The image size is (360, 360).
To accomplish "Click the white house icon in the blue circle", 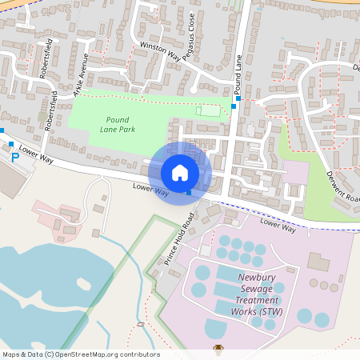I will pyautogui.click(x=180, y=172).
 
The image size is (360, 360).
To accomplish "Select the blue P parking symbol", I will pyautogui.click(x=14, y=157).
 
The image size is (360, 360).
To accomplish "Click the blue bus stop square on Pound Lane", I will pyautogui.click(x=234, y=106).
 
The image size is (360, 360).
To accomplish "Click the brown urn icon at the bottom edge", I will pyautogui.click(x=218, y=350).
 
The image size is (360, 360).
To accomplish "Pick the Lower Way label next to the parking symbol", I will pyautogui.click(x=36, y=155).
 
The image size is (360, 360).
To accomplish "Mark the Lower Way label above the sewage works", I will pyautogui.click(x=278, y=227).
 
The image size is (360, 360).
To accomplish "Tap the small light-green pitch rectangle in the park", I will pyautogui.click(x=209, y=110).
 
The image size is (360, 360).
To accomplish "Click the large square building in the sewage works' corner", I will pyautogui.click(x=319, y=262).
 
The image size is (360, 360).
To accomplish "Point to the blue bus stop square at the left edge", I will pyautogui.click(x=2, y=130).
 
